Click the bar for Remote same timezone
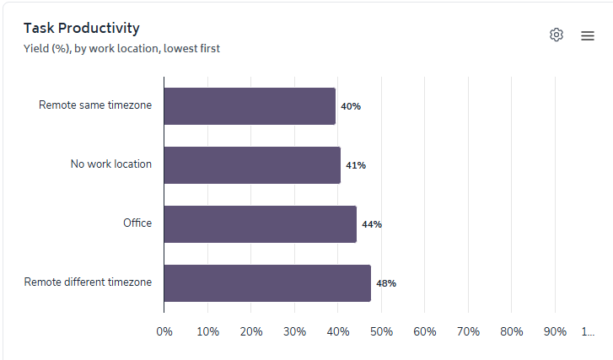coord(250,106)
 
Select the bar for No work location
coord(252,165)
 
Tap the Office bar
coord(260,224)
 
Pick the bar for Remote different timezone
coord(267,283)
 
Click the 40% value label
coord(351,106)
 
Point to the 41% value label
coord(356,165)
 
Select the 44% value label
coord(372,224)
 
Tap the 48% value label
coord(386,283)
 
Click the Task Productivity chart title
coord(82,29)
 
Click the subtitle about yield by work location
coord(122,48)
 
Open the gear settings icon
coord(557,35)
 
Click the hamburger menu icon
coord(588,35)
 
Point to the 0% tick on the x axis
coord(164,331)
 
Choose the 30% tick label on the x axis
coord(294,331)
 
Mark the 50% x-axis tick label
coord(381,331)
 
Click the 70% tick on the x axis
coord(468,331)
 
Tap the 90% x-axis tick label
coord(555,331)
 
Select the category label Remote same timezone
coord(95,105)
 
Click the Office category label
coord(137,223)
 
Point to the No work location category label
coord(111,164)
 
